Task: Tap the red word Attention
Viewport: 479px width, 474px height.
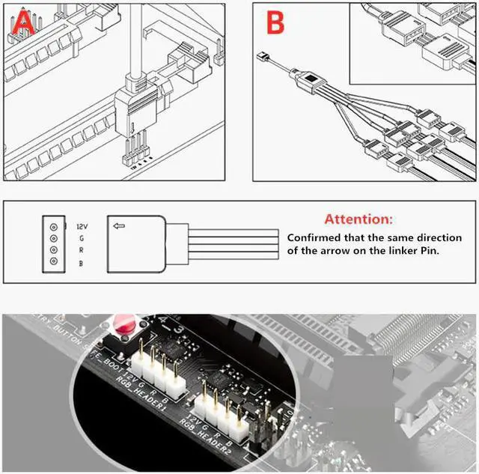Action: (x=358, y=219)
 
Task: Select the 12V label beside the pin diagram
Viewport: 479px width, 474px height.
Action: (x=83, y=225)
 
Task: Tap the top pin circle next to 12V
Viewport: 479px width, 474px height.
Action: (x=52, y=226)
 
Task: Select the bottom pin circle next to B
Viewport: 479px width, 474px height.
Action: (x=52, y=262)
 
